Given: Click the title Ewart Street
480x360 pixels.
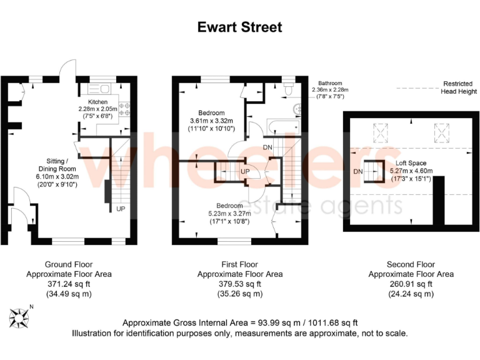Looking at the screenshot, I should pos(240,27).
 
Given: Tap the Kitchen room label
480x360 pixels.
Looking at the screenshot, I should pos(97,102).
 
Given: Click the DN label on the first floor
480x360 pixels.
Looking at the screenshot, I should pos(267,147).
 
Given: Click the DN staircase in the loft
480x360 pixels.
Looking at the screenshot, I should pos(374,171).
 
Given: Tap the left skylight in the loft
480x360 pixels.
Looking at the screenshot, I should pos(379,132).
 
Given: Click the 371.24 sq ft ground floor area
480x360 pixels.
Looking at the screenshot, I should pos(68,284).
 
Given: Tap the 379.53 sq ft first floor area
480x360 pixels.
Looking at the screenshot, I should pos(239,284).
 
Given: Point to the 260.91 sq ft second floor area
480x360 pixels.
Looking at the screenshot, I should pos(411,284).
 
